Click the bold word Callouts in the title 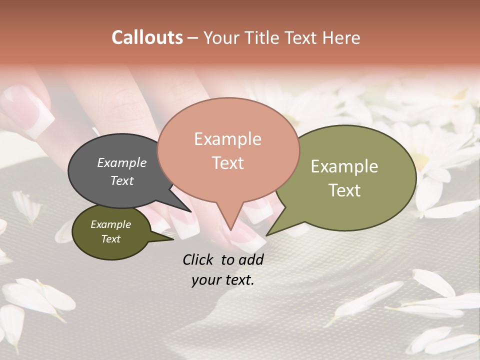coord(147,37)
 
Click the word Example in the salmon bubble coord(227,139)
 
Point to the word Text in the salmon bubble coord(227,163)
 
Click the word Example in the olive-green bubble coord(344,166)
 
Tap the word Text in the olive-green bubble coord(344,190)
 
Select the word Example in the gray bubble coord(121,162)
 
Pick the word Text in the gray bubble coord(121,180)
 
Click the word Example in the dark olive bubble coord(110,224)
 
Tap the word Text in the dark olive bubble coord(110,239)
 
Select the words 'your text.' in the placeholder coord(223,280)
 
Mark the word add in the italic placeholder coord(252,259)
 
